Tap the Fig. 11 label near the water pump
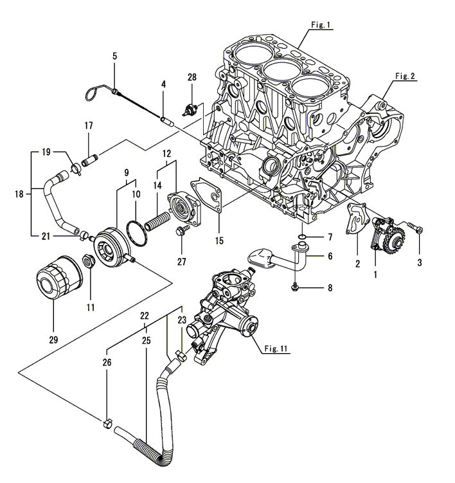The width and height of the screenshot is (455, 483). (x=276, y=349)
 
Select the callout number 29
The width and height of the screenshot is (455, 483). (x=53, y=340)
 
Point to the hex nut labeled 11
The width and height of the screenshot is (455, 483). (x=89, y=261)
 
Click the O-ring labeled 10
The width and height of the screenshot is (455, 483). (x=136, y=233)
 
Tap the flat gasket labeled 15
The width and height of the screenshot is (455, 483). (x=207, y=196)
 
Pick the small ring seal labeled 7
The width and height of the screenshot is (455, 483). (x=302, y=237)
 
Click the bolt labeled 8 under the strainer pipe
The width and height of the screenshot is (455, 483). (x=294, y=287)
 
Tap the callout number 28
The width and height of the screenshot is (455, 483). (x=192, y=77)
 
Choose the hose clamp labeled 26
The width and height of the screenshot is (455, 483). (x=107, y=424)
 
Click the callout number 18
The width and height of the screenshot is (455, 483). (x=19, y=194)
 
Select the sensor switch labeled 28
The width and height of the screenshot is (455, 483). (x=191, y=110)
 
